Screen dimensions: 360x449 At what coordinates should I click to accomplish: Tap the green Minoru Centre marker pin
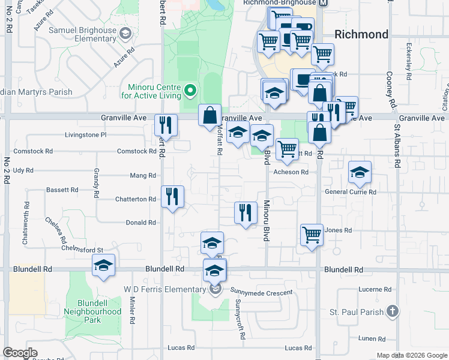(191, 91)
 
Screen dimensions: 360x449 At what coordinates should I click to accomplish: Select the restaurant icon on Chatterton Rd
(172, 196)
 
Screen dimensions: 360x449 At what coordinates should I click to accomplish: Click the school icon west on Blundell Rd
(103, 265)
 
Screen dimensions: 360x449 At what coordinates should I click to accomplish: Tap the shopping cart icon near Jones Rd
(312, 234)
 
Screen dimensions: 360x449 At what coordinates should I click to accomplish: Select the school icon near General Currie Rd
(360, 172)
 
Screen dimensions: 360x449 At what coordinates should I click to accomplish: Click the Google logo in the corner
(20, 352)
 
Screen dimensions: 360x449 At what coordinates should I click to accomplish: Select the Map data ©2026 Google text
(411, 355)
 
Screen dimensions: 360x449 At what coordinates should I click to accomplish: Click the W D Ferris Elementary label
(165, 290)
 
